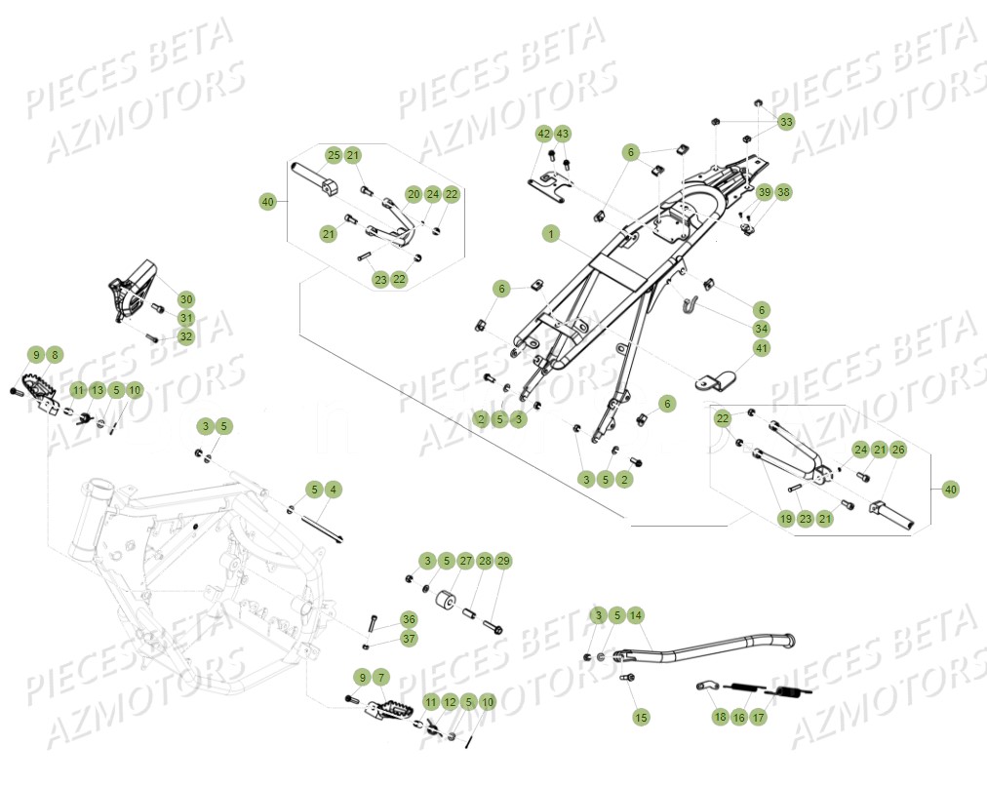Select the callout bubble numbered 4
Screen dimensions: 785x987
click(333, 489)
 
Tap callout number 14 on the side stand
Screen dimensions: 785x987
click(636, 615)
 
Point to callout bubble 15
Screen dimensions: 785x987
click(641, 717)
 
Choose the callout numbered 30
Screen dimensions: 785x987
click(185, 298)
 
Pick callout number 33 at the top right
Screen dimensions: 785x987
click(786, 121)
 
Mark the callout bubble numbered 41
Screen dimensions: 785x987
click(761, 348)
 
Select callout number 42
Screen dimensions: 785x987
click(543, 133)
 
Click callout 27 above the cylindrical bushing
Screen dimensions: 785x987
click(465, 561)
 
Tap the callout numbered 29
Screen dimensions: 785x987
click(503, 561)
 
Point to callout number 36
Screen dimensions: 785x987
click(409, 619)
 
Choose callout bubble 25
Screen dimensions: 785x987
click(334, 155)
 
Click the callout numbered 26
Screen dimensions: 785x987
click(897, 450)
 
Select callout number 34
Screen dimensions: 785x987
click(761, 328)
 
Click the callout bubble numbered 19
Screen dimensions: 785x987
click(785, 519)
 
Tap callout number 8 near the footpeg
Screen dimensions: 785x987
click(55, 355)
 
